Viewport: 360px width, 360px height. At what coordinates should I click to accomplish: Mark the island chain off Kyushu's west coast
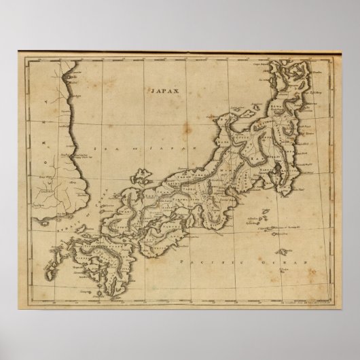[48, 261]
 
